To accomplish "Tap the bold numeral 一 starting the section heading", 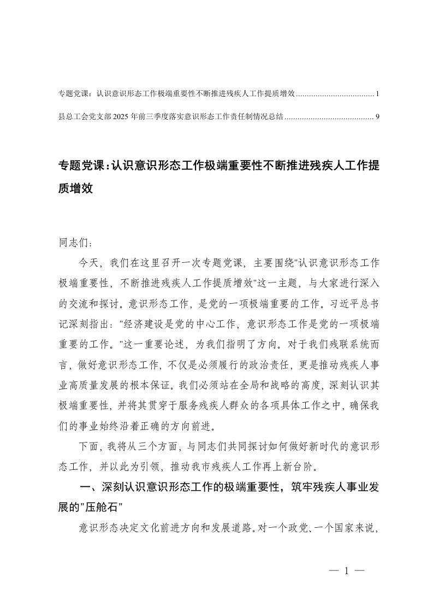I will pyautogui.click(x=84, y=486).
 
